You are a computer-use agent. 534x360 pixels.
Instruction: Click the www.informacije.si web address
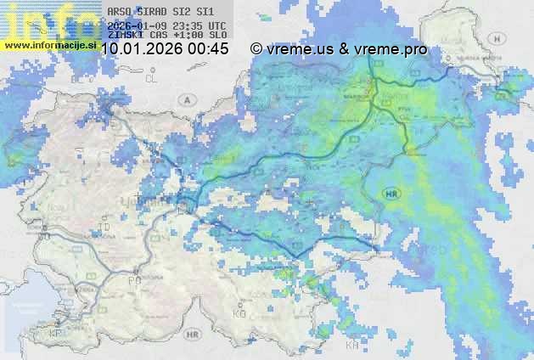49,44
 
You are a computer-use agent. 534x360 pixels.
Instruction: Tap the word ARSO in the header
119,12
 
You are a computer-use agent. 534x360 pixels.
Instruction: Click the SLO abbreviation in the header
217,36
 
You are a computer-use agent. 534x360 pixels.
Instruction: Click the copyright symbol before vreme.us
256,49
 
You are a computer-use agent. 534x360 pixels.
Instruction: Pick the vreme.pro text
391,49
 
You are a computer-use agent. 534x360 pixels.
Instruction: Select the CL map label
152,78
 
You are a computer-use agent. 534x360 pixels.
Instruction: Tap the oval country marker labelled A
185,98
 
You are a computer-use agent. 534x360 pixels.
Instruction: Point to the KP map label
57,335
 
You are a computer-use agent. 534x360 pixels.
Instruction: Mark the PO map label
133,280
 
